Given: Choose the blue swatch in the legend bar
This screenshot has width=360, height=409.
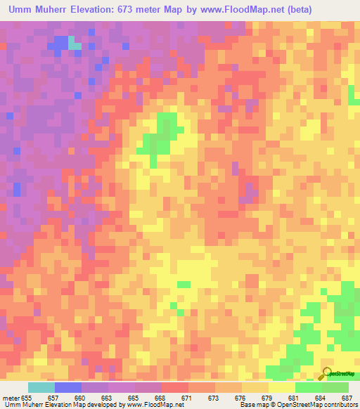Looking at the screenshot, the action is (x=68, y=387).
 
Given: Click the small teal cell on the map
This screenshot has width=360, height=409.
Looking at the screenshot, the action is (x=75, y=46).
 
